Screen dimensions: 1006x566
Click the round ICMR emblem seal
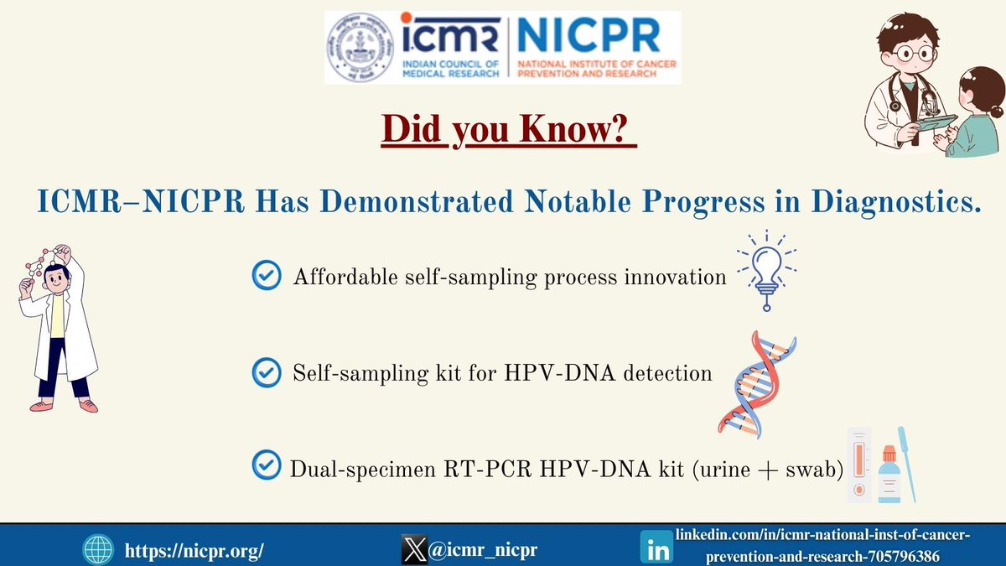point(360,47)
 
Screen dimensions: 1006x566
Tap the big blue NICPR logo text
point(589,35)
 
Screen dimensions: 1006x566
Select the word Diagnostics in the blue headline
point(896,201)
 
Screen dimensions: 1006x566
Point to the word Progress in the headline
point(703,201)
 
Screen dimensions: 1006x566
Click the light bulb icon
point(766,270)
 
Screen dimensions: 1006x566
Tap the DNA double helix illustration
point(757,385)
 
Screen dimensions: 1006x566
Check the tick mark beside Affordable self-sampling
point(267,275)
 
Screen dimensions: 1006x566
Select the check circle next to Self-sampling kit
point(267,372)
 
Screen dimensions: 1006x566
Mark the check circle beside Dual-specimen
point(267,465)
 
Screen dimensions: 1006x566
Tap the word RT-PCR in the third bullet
point(487,470)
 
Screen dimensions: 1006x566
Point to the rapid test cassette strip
point(859,465)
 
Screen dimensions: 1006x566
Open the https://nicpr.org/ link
point(194,550)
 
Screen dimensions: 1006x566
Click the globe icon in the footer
point(98,550)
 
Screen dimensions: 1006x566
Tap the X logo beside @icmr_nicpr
point(414,549)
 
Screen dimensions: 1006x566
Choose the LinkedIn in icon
point(656,547)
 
